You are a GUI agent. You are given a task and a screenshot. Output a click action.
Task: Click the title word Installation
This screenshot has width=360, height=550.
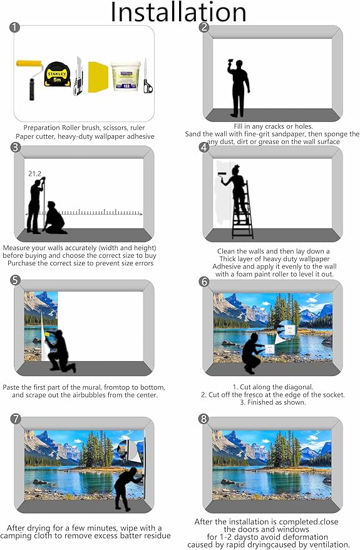(x=178, y=13)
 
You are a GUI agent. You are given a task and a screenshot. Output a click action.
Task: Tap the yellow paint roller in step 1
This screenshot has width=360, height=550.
(x=29, y=79)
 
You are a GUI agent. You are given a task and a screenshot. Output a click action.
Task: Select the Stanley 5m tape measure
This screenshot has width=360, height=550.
(x=57, y=74)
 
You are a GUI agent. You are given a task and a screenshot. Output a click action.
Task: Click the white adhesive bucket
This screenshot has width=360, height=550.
(x=125, y=76)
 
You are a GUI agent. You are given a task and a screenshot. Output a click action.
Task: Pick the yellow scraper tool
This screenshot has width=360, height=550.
(x=98, y=77)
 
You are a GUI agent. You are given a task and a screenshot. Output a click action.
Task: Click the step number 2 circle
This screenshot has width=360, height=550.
(x=204, y=28)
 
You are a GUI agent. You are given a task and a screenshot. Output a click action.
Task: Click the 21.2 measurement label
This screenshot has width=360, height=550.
(x=34, y=173)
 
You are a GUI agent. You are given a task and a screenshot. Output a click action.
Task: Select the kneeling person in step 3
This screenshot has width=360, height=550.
(x=54, y=218)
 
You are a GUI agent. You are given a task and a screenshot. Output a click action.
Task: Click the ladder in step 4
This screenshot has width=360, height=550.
(x=243, y=210)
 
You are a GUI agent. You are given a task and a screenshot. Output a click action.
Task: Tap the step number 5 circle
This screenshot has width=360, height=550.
(x=16, y=280)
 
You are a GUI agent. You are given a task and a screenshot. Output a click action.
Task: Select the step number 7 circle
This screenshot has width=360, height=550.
(x=16, y=419)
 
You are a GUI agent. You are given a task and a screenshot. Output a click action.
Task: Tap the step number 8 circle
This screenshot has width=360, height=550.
(x=204, y=419)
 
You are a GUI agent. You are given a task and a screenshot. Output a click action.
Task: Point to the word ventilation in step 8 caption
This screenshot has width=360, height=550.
(x=329, y=545)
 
